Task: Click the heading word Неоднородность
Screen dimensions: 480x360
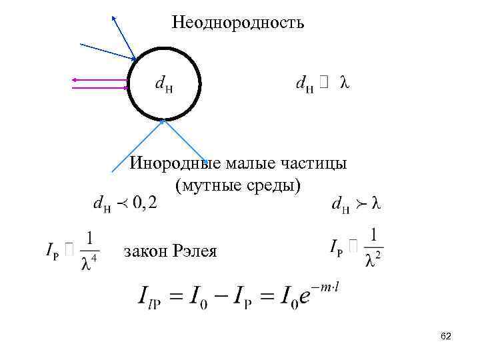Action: point(237,23)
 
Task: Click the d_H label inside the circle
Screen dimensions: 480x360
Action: point(163,85)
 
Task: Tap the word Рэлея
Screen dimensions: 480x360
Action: point(195,251)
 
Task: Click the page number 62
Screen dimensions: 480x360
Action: point(446,337)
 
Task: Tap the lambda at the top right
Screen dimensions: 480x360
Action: point(345,83)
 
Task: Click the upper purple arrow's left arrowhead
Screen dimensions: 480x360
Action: point(74,80)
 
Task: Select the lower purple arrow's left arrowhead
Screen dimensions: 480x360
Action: point(74,87)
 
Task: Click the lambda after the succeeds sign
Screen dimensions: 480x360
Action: point(375,204)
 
